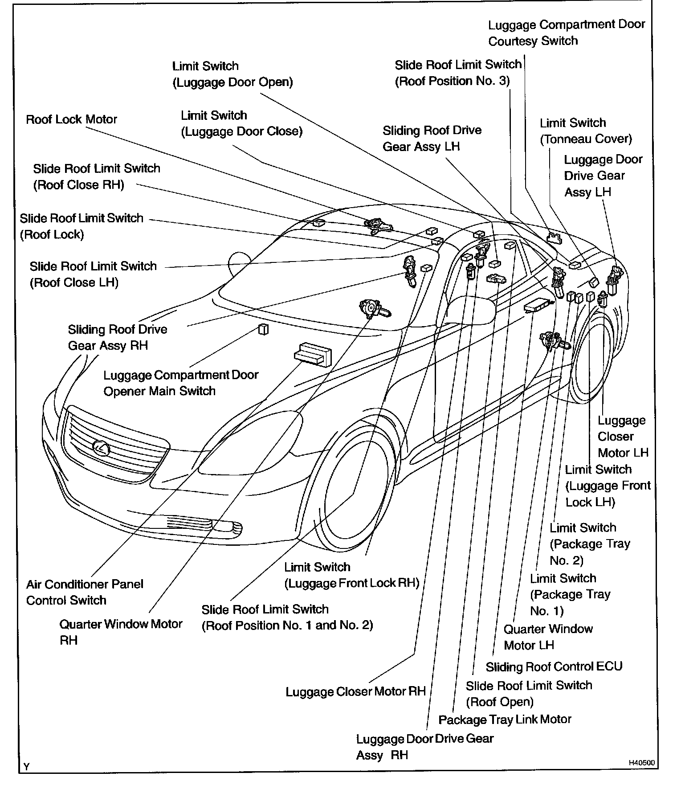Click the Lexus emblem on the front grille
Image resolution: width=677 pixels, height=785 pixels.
pyautogui.click(x=102, y=447)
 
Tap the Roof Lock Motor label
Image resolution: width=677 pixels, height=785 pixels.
pyautogui.click(x=71, y=119)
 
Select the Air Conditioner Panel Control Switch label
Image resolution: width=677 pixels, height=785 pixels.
pyautogui.click(x=85, y=592)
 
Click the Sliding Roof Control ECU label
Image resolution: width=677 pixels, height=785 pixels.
pyautogui.click(x=554, y=666)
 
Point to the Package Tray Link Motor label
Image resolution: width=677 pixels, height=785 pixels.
pyautogui.click(x=505, y=720)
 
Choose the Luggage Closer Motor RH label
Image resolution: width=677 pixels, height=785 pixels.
pyautogui.click(x=355, y=691)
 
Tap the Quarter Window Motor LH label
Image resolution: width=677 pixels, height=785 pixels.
pyautogui.click(x=548, y=637)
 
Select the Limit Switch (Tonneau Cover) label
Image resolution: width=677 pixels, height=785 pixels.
pyautogui.click(x=586, y=131)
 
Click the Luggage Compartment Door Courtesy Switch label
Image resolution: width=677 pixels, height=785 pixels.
pyautogui.click(x=566, y=33)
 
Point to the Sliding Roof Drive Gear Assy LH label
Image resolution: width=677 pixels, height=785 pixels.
pyautogui.click(x=432, y=139)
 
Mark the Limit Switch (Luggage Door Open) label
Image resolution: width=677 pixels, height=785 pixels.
pyautogui.click(x=232, y=74)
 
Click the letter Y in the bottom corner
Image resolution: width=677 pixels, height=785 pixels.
pyautogui.click(x=27, y=767)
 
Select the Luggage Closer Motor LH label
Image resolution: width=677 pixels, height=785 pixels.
pyautogui.click(x=622, y=437)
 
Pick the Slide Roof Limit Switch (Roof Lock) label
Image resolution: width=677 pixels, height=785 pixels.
pyautogui.click(x=82, y=226)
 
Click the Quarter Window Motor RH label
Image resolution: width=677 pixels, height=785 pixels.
pyautogui.click(x=121, y=632)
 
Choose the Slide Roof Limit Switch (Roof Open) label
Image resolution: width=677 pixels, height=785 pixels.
pyautogui.click(x=529, y=693)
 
